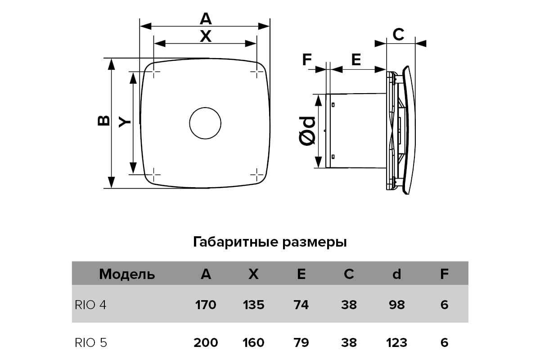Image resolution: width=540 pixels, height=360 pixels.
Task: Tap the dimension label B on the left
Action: pos(103,121)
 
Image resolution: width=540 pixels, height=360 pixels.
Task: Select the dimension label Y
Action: pos(124,122)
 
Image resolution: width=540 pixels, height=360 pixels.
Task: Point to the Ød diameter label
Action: pos(307,131)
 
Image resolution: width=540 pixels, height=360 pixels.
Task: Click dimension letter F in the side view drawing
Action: pos(307,59)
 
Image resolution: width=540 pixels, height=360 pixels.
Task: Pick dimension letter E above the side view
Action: pos(356,59)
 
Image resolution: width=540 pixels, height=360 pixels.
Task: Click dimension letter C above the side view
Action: pos(398,35)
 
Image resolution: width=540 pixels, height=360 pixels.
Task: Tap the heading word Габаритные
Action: pos(235,242)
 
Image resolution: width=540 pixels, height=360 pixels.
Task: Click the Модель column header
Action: pos(127,274)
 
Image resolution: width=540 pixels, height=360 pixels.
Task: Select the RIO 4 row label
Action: pos(90,305)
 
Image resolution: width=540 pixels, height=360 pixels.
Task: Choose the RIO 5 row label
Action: pos(90,342)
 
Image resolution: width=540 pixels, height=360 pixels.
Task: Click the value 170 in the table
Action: pos(206,305)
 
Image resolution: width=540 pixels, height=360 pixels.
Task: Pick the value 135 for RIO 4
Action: pos(253,305)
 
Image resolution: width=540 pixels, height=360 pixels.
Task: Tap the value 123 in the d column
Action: pos(396,342)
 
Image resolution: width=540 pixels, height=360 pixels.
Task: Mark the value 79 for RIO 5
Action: pos(301,342)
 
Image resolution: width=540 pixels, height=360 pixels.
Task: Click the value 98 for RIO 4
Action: pos(397,305)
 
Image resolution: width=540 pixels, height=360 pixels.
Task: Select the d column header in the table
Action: pos(396,274)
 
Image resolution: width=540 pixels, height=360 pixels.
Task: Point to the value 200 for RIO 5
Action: pos(206,342)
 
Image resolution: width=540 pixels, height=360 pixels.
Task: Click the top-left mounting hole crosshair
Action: pos(154,72)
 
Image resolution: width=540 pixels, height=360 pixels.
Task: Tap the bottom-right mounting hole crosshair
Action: pos(257,175)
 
